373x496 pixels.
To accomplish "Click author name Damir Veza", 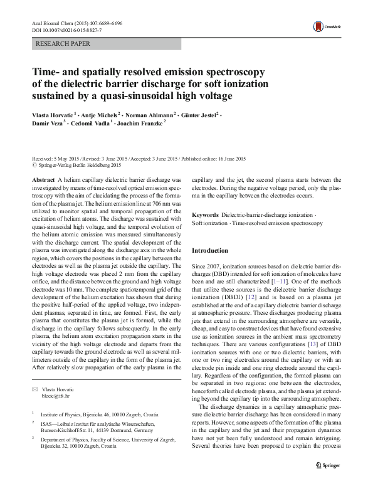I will click(x=48, y=125).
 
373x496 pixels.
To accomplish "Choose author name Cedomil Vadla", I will click(x=90, y=125).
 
